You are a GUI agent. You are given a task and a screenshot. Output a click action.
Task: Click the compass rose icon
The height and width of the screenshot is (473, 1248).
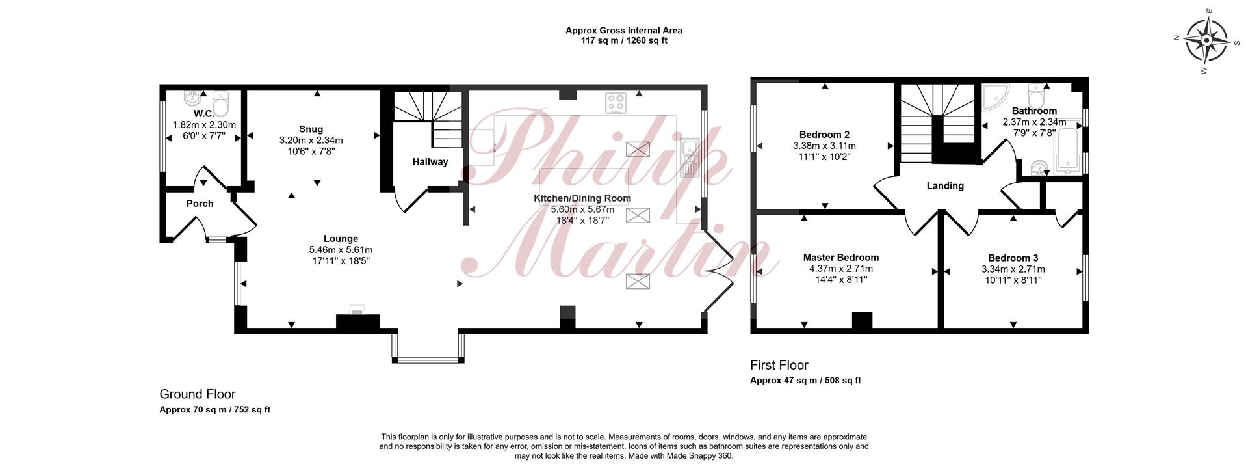tap(1206, 40)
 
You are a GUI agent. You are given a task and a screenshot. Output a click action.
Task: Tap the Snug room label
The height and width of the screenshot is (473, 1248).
tap(311, 129)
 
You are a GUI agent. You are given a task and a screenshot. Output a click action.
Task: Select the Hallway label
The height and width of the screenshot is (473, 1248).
tap(430, 161)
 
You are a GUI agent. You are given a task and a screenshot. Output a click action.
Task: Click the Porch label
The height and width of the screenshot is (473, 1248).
tap(200, 204)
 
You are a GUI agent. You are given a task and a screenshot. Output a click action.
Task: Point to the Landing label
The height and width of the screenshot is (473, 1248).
tap(945, 186)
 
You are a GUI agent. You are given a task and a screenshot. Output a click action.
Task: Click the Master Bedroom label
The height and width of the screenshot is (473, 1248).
tap(840, 258)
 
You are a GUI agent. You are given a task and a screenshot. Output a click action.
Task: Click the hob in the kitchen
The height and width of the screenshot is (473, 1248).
tap(616, 103)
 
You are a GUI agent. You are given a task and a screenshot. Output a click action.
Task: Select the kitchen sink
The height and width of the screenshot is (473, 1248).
tap(689, 158)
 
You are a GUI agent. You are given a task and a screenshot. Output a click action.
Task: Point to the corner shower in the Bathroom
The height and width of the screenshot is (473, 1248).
tap(993, 96)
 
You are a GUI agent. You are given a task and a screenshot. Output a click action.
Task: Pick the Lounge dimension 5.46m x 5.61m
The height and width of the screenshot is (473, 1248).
tap(341, 250)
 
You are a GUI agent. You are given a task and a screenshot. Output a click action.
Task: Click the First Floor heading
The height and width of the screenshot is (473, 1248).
tap(779, 365)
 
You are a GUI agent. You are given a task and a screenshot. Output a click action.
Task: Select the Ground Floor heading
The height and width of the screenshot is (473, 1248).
tap(198, 394)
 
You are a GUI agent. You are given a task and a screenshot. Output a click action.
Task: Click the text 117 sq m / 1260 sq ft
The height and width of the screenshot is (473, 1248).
tap(624, 40)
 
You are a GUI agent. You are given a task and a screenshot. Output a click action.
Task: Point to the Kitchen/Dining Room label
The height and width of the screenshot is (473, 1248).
tap(582, 198)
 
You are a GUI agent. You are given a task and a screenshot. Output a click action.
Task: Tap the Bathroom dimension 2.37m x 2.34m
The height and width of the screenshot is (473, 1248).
tap(1034, 122)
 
